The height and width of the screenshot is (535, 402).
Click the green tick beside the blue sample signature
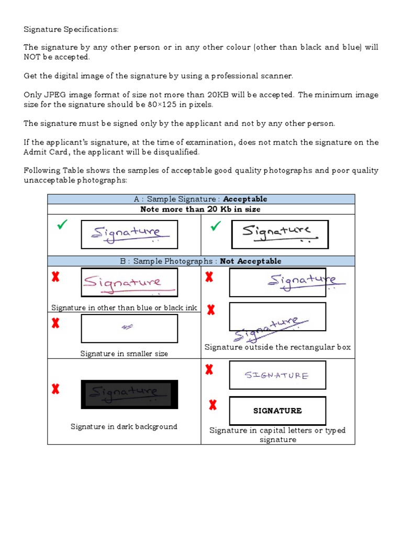pos(63,226)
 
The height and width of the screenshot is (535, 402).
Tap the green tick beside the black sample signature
pos(215,226)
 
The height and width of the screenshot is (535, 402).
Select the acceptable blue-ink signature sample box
pos(129,235)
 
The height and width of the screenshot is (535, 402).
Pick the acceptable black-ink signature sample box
pos(280,235)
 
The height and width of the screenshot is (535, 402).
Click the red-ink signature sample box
pos(129,283)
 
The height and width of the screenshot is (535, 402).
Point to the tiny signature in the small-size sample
pos(127,327)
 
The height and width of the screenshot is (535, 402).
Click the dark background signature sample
pos(129,394)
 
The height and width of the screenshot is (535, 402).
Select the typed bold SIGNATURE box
pos(277,411)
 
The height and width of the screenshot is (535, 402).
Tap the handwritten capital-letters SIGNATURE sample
pos(277,375)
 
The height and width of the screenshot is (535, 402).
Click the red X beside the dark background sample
pos(55,389)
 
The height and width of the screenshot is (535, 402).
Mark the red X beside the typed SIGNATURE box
pos(213,405)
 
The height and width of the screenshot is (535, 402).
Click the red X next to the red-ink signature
pos(55,277)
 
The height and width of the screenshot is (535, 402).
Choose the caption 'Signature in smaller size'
pos(124,354)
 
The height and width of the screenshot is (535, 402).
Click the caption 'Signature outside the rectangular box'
pos(277,347)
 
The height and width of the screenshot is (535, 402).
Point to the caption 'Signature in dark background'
pos(124,427)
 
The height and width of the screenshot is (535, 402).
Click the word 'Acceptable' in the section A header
pos(245,199)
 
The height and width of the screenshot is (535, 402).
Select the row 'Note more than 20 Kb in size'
pos(200,209)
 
